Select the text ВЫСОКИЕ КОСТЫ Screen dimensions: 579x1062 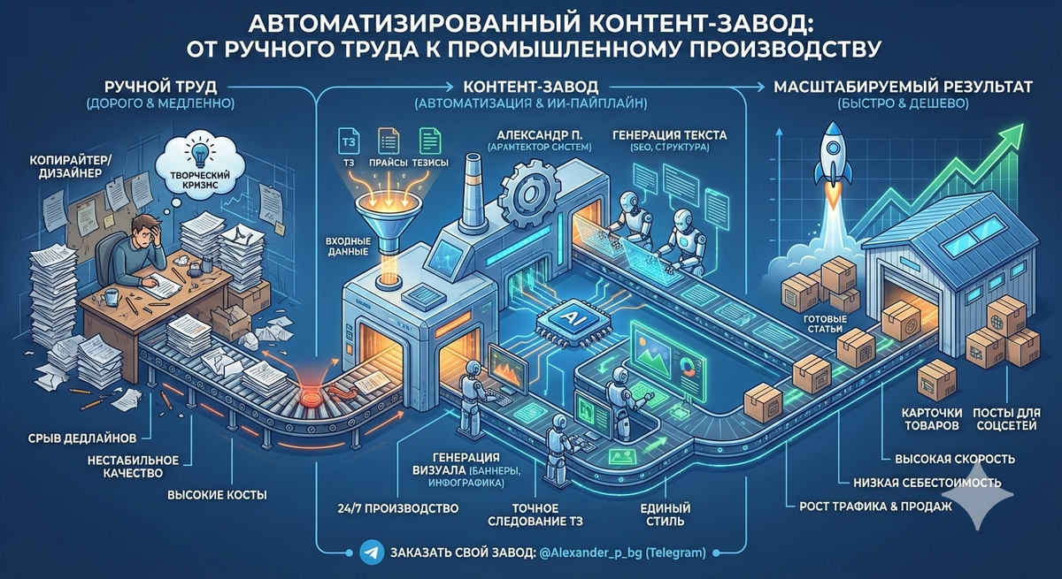pos(217,495)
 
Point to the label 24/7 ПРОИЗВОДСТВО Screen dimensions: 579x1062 pos(398,508)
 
